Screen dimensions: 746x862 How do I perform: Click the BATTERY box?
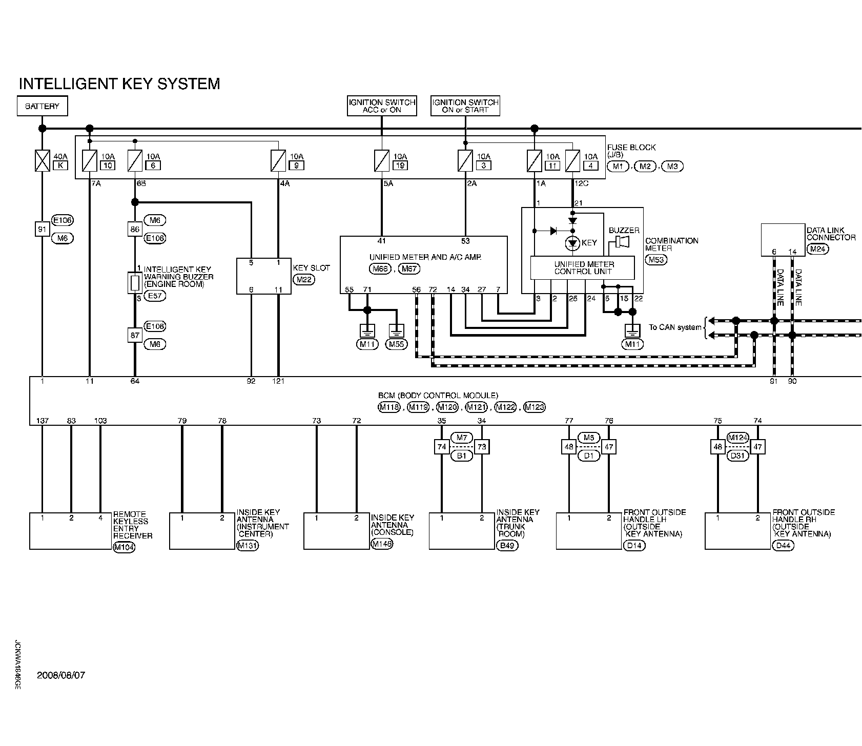point(43,107)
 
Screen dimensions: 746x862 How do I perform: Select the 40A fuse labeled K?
point(43,160)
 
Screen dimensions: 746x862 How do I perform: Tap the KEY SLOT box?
point(263,276)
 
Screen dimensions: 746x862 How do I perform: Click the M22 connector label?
point(304,279)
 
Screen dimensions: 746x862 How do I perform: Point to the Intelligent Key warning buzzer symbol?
point(134,283)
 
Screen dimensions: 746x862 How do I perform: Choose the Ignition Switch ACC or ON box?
point(382,106)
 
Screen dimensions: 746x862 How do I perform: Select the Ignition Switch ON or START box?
point(465,106)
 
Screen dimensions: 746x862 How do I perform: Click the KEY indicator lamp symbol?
point(573,243)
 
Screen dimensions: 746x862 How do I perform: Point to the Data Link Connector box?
point(783,239)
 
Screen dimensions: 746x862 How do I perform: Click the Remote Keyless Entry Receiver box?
point(70,530)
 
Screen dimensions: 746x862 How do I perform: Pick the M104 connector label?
point(124,546)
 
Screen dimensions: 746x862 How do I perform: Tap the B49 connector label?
point(507,546)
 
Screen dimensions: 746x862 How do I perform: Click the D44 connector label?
point(784,546)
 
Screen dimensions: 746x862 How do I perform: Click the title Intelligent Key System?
point(119,84)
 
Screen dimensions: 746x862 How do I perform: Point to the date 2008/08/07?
point(61,675)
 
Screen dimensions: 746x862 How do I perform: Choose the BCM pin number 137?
point(43,421)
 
